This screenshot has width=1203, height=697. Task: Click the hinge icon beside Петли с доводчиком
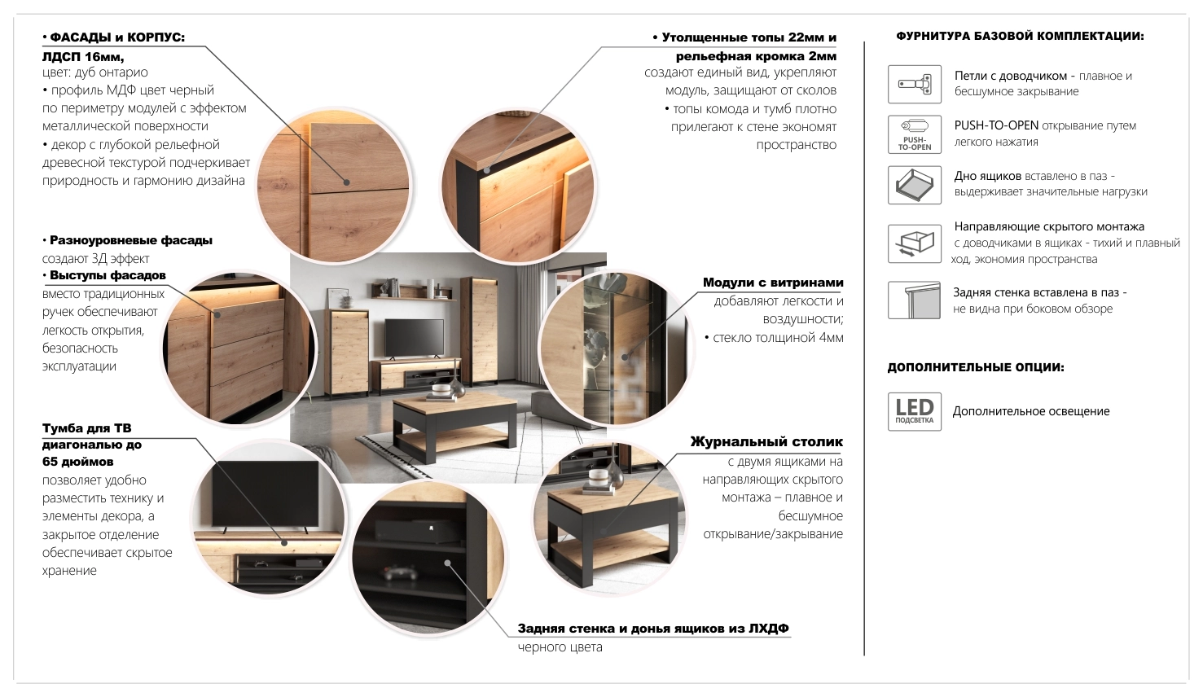[914, 85]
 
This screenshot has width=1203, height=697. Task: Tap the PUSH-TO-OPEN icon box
[914, 134]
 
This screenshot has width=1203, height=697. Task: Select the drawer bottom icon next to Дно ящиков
[914, 185]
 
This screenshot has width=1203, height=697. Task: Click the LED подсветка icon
[914, 411]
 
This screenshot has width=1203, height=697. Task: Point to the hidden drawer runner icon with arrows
[914, 243]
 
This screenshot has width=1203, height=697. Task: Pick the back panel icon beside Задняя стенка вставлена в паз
[914, 300]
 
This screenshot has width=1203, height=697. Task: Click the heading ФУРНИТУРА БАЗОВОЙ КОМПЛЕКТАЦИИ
[1020, 37]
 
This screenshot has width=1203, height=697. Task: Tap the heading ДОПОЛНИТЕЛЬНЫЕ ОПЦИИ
[975, 367]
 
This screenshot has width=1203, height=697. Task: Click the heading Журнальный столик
[766, 442]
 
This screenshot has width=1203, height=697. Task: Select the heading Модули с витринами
[773, 283]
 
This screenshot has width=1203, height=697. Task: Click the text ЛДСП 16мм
[83, 56]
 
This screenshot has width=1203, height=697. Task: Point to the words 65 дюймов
[78, 461]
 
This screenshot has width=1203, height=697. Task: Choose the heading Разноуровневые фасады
[131, 240]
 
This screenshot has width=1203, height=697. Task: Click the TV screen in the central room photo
[414, 337]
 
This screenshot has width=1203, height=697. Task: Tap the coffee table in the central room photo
[454, 425]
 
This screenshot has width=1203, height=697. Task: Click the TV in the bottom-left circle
[266, 493]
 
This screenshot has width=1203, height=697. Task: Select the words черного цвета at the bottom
[560, 647]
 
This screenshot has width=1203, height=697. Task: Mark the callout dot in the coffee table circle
[604, 532]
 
